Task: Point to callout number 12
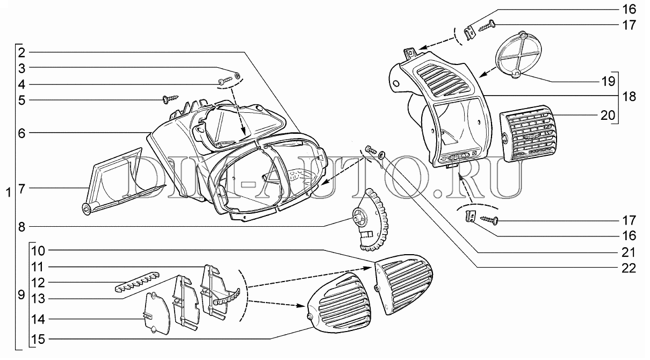pos(38,283)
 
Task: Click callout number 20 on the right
pos(629,116)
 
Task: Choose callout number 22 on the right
pos(629,268)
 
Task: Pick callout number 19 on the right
pos(629,82)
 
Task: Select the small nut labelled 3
pos(239,75)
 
